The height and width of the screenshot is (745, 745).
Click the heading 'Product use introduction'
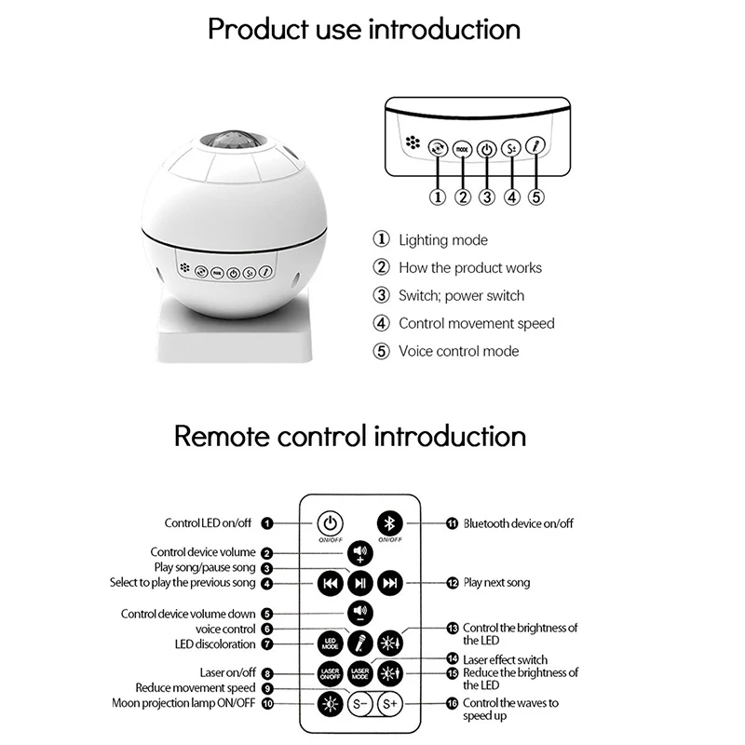pos(364,28)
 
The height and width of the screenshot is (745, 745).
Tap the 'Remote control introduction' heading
pos(350,435)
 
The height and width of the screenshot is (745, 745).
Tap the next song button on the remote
pos(391,583)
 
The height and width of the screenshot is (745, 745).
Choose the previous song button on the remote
pos(330,583)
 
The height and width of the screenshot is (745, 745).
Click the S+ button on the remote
pos(391,704)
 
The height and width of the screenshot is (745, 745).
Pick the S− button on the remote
pos(360,704)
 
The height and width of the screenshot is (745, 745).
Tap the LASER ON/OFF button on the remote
pos(330,672)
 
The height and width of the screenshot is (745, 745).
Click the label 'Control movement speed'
pos(476,323)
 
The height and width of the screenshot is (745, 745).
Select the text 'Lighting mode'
pos(442,240)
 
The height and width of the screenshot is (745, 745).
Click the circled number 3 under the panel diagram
pos(486,196)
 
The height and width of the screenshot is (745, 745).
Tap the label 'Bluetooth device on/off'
pos(518,523)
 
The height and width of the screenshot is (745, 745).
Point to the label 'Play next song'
pos(496,583)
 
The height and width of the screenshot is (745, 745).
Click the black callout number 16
pos(453,703)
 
